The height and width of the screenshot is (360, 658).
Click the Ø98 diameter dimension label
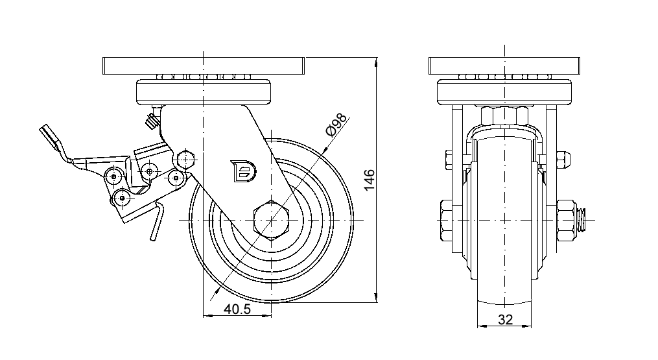336,126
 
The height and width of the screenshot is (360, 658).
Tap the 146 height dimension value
369,180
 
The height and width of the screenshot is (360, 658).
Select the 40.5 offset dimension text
237,309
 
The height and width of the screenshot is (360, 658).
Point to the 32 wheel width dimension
505,319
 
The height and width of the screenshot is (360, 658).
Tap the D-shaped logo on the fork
243,171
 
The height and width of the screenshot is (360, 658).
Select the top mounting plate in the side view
204,66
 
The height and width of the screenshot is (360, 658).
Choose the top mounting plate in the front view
504,66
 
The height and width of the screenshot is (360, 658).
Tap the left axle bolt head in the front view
447,221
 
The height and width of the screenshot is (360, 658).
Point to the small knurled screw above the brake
152,120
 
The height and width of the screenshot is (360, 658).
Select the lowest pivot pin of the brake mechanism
121,197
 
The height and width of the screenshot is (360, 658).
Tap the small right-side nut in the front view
563,158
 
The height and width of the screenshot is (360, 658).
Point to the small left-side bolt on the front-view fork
449,158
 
